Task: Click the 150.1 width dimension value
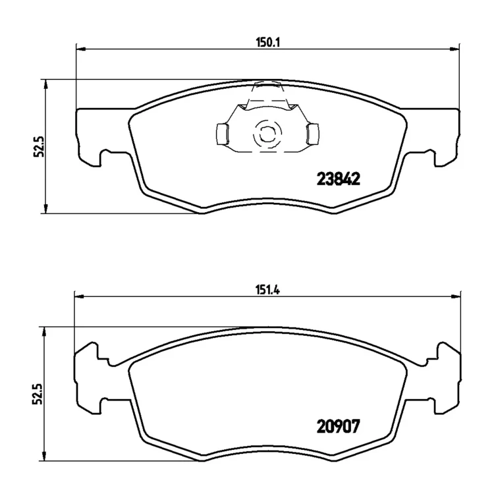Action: [x=267, y=42]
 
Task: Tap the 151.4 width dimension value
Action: [x=267, y=290]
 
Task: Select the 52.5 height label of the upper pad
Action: [x=39, y=146]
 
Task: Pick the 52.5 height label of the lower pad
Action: [x=39, y=394]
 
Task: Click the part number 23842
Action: [x=338, y=179]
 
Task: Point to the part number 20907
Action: [x=338, y=427]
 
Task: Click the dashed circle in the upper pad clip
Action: [x=266, y=134]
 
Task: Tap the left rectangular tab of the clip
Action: [x=223, y=134]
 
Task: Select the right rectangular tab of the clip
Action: [x=312, y=134]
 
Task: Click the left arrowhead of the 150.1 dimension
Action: [x=81, y=49]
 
